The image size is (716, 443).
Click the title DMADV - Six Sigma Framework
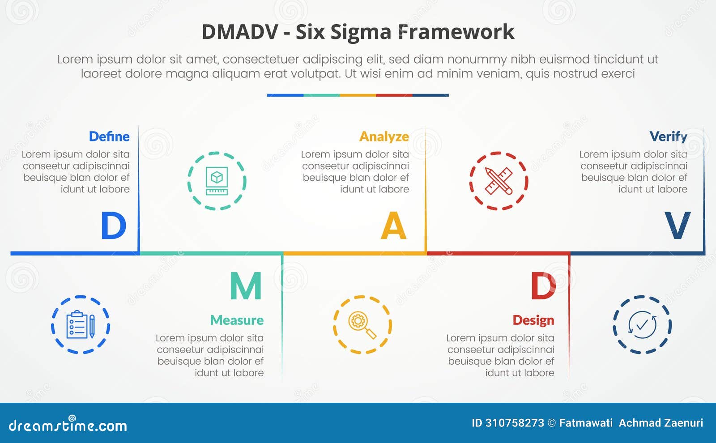pos(358,32)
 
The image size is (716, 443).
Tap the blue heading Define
pos(109,136)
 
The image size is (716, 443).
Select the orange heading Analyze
pos(384,136)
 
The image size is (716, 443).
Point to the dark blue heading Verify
pos(668,136)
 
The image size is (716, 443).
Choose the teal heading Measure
pos(237,320)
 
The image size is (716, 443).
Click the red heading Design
pos(533,320)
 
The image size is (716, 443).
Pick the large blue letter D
pos(113,226)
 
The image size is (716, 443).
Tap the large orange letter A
pos(393,226)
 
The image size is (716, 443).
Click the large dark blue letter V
pos(677,226)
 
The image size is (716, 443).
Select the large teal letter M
pos(246,286)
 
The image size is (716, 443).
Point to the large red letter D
pos(543,286)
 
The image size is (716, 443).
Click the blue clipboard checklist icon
pos(81,325)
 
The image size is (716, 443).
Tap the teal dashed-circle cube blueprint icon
pos(217,181)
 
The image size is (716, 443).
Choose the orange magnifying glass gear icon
pos(362,325)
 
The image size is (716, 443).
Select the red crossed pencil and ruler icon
pos(499,181)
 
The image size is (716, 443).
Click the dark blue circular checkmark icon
pos(642,325)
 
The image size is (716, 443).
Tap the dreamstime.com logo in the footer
pos(68,425)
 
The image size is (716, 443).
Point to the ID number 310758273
pos(515,423)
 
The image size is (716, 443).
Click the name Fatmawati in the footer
pos(585,423)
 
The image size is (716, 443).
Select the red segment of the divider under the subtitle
pos(394,95)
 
